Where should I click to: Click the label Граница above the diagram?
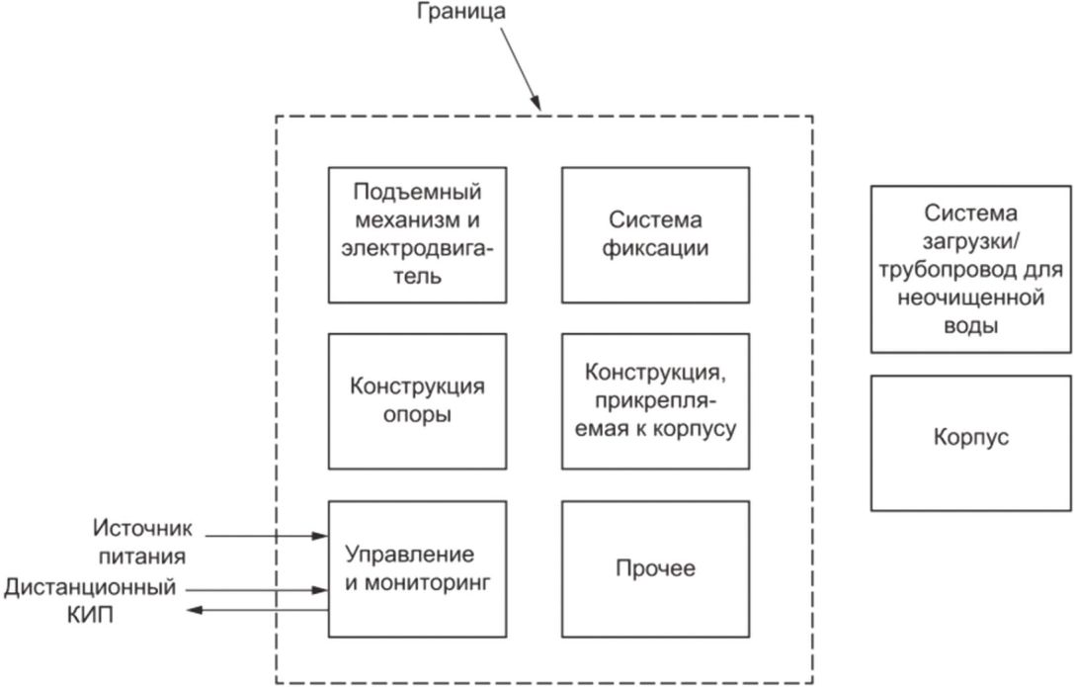pyautogui.click(x=461, y=12)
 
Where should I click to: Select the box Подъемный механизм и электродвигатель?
pyautogui.click(x=417, y=235)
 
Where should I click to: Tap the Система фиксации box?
pyautogui.click(x=655, y=235)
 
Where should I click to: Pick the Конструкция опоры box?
pyautogui.click(x=417, y=401)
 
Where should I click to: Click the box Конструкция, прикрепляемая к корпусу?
pyautogui.click(x=655, y=401)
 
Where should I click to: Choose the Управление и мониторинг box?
pyautogui.click(x=417, y=569)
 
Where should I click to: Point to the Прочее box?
pyautogui.click(x=655, y=569)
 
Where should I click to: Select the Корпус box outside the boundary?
pyautogui.click(x=970, y=443)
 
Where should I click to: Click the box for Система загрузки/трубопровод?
pyautogui.click(x=970, y=269)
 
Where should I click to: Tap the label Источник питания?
pyautogui.click(x=142, y=542)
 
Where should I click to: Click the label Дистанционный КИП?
pyautogui.click(x=90, y=601)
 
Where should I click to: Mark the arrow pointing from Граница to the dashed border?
pyautogui.click(x=521, y=69)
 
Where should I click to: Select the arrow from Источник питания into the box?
pyautogui.click(x=267, y=536)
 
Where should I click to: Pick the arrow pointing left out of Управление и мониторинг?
pyautogui.click(x=258, y=610)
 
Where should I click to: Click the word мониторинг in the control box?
pyautogui.click(x=428, y=583)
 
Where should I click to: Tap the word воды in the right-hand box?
pyautogui.click(x=970, y=326)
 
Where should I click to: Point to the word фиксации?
pyautogui.click(x=655, y=249)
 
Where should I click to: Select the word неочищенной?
pyautogui.click(x=970, y=298)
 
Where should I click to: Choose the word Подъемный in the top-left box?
pyautogui.click(x=417, y=192)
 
